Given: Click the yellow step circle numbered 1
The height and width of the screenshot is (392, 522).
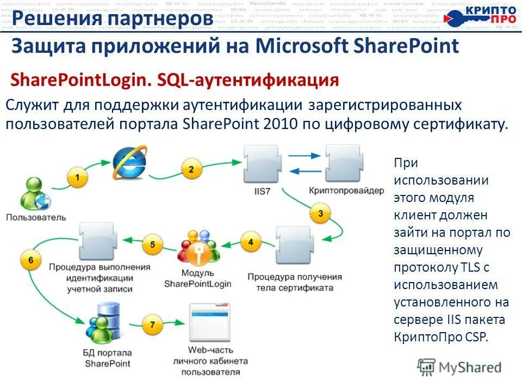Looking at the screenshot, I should pyautogui.click(x=77, y=177).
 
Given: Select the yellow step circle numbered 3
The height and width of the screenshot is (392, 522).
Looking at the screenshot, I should pyautogui.click(x=321, y=213).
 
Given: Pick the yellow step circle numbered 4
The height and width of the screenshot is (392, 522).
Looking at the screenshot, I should pyautogui.click(x=251, y=242).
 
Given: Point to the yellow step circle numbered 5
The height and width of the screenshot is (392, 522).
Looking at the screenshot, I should pyautogui.click(x=153, y=244).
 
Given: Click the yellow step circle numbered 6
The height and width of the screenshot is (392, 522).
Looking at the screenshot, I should pyautogui.click(x=30, y=260).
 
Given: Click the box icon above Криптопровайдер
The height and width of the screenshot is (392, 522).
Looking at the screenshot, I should pyautogui.click(x=343, y=163).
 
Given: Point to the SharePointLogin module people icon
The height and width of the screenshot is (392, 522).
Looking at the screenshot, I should pyautogui.click(x=198, y=249).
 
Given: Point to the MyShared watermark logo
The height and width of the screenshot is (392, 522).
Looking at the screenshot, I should pyautogui.click(x=459, y=367).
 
